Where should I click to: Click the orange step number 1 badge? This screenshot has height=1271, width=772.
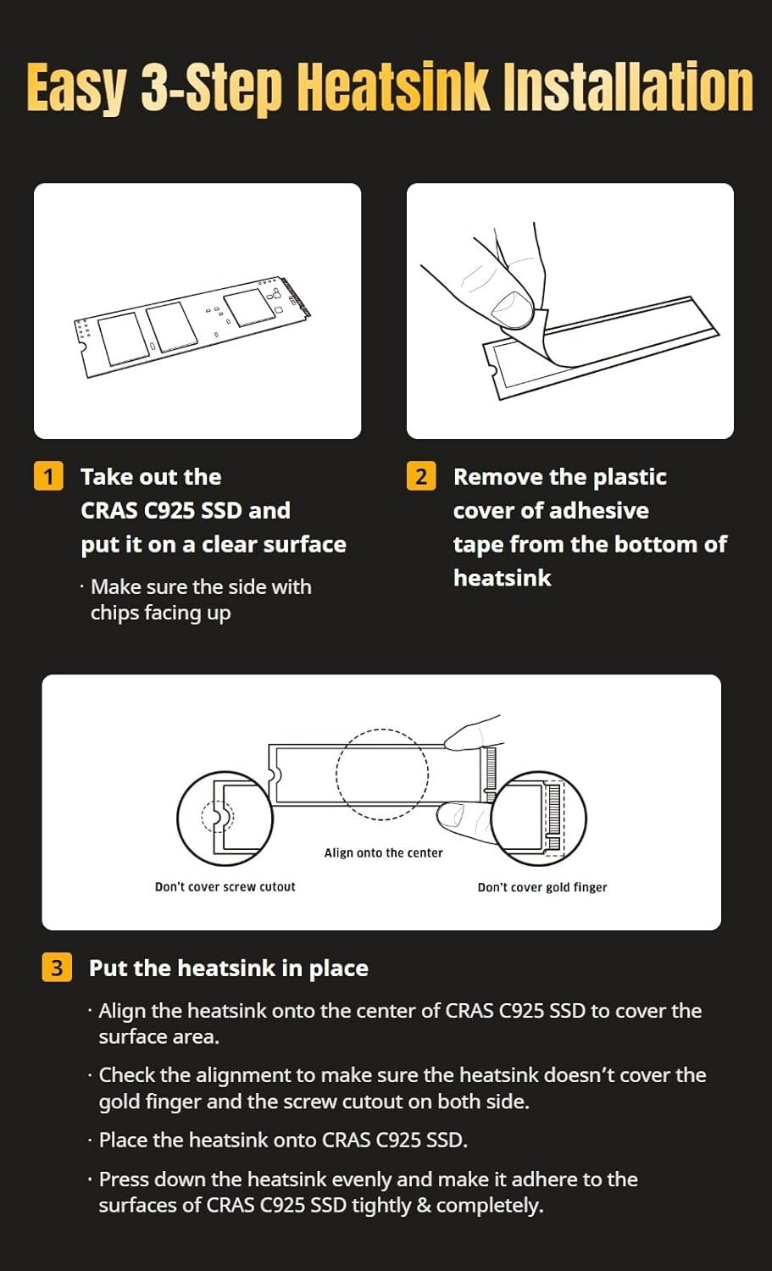(48, 476)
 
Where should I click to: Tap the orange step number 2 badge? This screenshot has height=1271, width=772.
(421, 476)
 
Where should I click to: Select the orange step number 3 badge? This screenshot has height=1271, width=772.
(57, 968)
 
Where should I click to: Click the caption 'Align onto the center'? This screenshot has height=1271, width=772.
(383, 852)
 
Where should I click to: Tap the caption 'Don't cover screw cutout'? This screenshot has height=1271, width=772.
(225, 887)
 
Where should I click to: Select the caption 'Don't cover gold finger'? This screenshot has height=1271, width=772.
(542, 887)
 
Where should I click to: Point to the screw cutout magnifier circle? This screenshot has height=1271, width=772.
(177, 818)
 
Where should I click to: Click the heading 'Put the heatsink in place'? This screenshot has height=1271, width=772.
(228, 968)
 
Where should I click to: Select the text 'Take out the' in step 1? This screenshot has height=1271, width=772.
(151, 476)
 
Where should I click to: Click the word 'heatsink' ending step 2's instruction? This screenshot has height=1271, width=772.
(502, 578)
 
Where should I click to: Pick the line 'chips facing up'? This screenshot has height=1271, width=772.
(161, 613)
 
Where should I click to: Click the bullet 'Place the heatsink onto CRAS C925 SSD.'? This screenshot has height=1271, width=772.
(283, 1140)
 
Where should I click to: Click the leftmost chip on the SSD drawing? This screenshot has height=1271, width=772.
(124, 338)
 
